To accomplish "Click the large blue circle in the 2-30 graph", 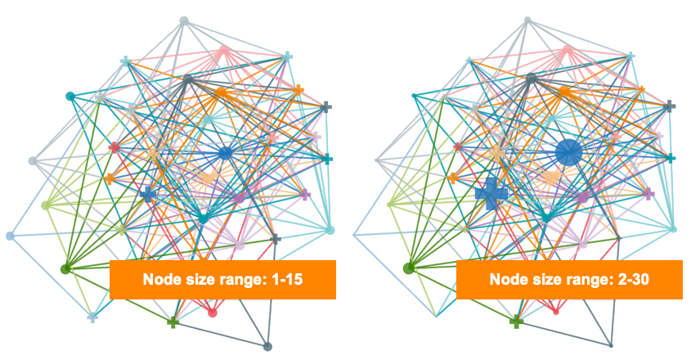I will click(x=568, y=152).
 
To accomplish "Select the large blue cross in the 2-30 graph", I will click(x=492, y=195).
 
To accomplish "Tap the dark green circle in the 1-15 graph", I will click(x=65, y=268).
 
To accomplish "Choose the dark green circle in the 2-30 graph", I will click(x=410, y=268).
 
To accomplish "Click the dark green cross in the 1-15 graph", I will click(x=173, y=322).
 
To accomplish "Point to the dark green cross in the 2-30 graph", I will click(x=516, y=322).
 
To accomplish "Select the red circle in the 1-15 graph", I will click(x=213, y=312).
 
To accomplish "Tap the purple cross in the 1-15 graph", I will click(x=304, y=195).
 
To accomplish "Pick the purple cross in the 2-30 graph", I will click(x=648, y=194).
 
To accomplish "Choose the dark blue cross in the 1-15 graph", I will click(x=148, y=195).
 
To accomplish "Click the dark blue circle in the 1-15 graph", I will click(x=225, y=153).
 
